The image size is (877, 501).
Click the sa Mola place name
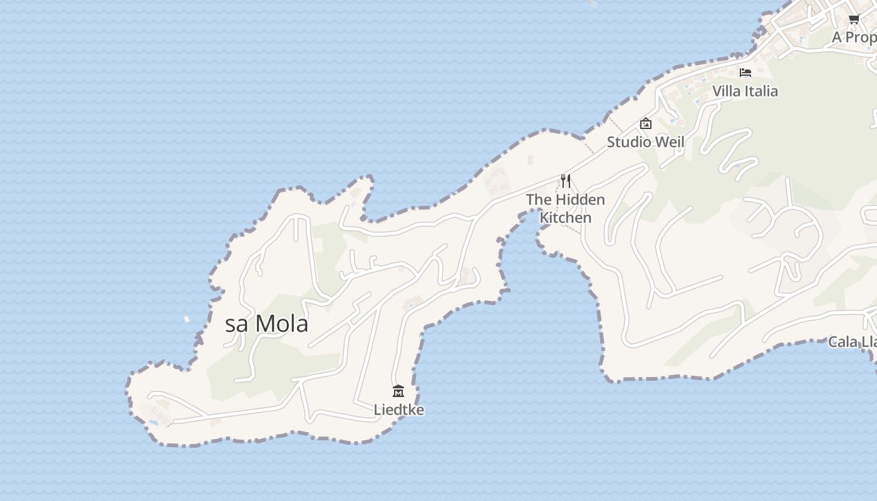(266, 324)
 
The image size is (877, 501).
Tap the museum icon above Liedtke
(398, 391)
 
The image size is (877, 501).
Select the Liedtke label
(399, 410)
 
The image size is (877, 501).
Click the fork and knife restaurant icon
(566, 181)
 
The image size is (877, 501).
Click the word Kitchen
(566, 218)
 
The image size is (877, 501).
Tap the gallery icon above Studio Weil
(646, 123)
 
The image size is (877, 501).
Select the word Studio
(629, 142)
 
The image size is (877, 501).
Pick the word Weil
(669, 142)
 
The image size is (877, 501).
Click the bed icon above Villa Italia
(745, 73)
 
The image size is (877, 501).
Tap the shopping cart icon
(854, 19)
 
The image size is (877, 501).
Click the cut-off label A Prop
(854, 38)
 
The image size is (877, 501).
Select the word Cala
(842, 342)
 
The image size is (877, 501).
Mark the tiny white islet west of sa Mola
(187, 319)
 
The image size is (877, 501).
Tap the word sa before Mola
(237, 324)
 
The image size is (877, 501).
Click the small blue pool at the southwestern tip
(153, 422)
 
